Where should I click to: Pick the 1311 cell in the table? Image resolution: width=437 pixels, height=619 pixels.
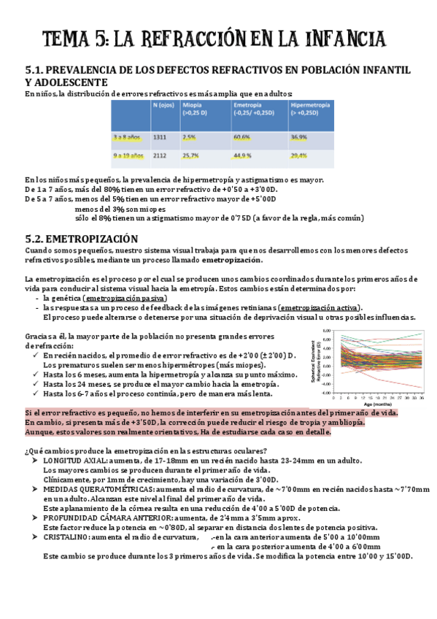click(160, 137)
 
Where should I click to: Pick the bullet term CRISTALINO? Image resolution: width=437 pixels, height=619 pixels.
click(65, 537)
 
